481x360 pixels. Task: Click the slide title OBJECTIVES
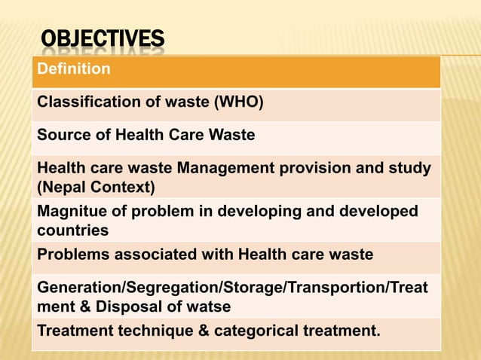click(102, 40)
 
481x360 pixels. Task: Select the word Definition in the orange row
click(74, 69)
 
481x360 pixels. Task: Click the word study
click(413, 167)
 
